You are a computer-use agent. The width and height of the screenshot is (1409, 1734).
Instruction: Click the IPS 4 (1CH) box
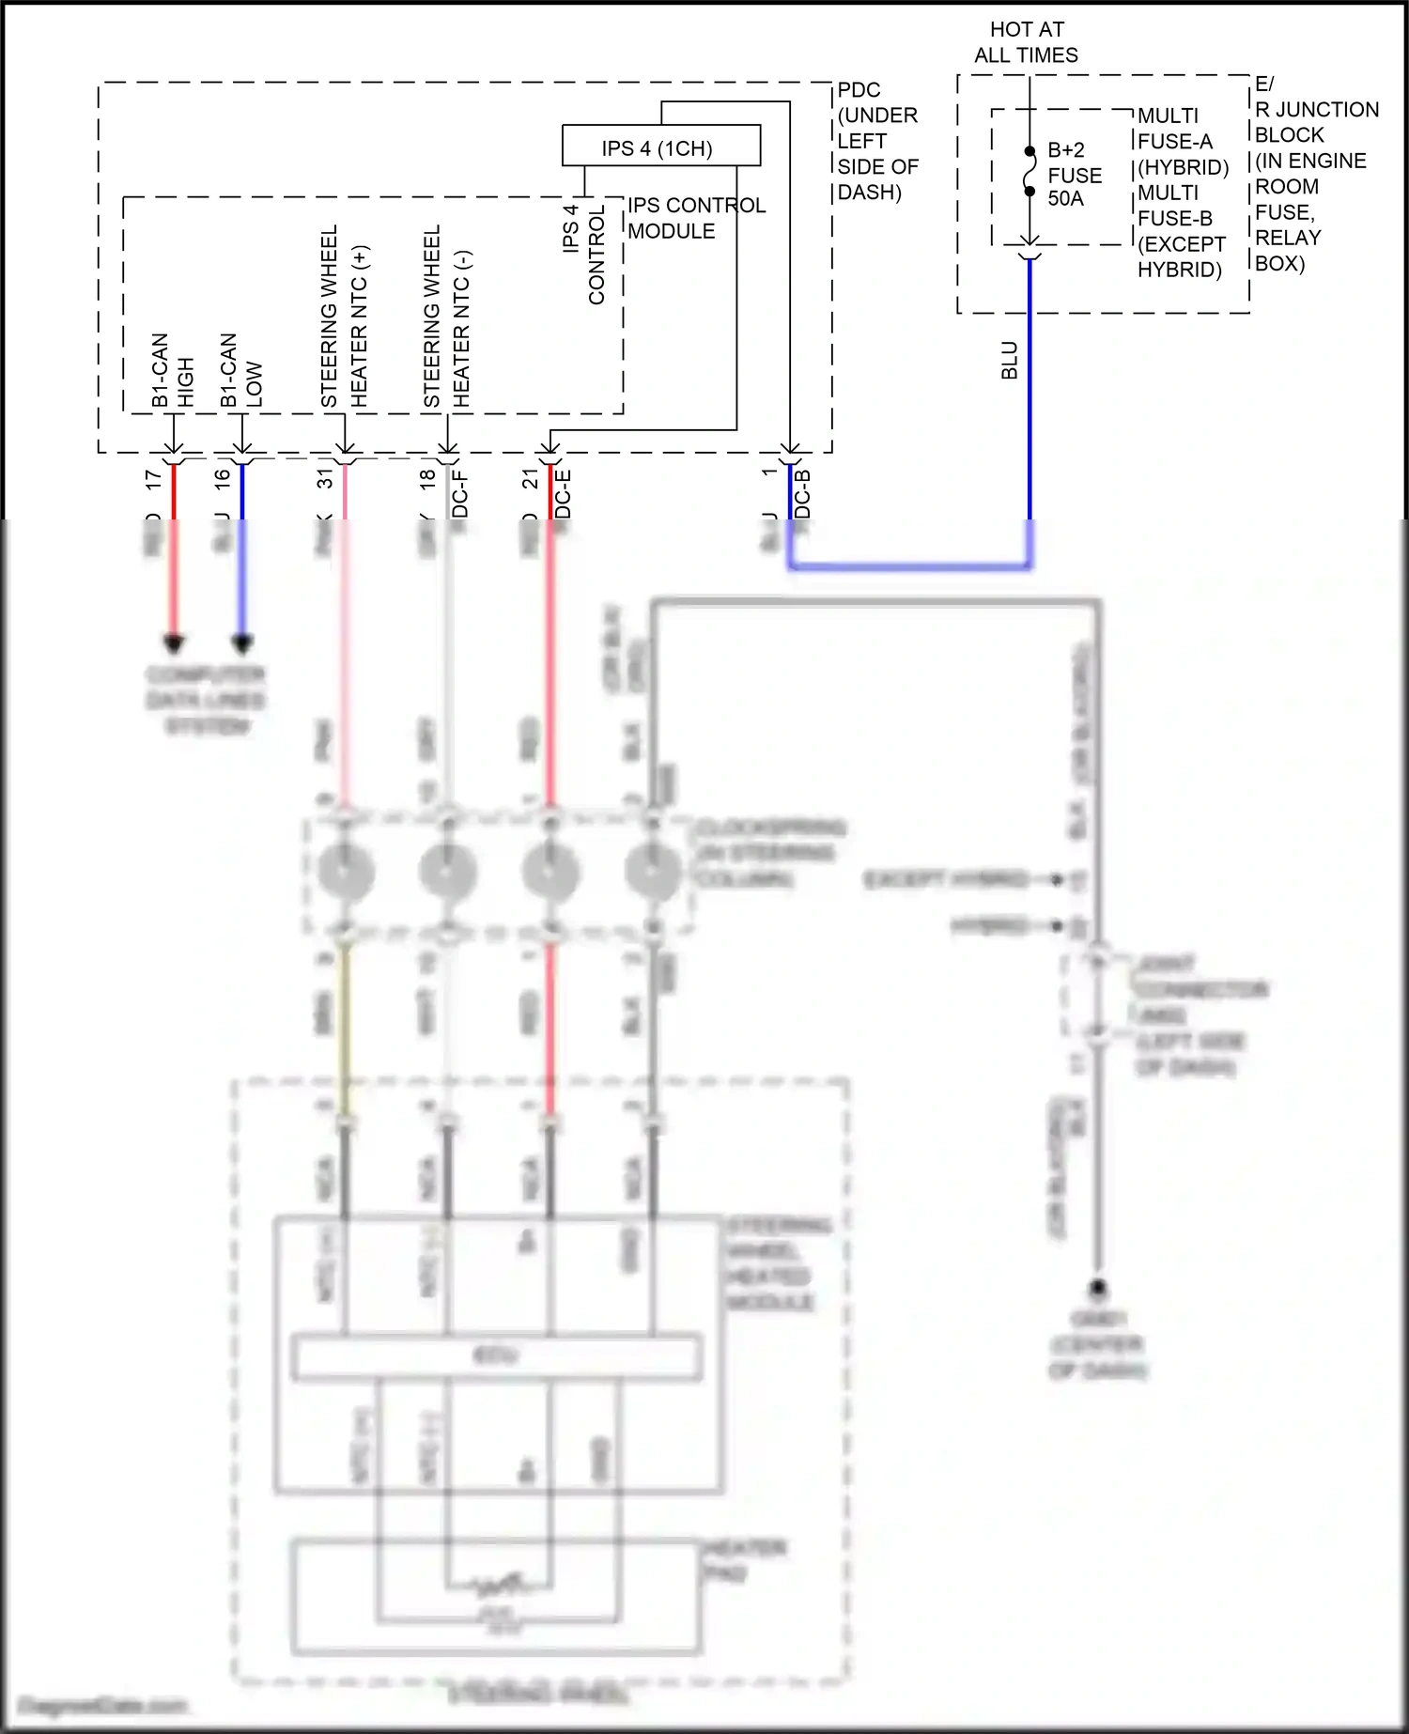click(660, 147)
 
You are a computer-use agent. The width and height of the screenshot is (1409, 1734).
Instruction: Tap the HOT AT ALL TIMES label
click(1026, 42)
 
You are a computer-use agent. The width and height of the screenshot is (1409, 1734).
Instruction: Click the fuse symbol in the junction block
click(1030, 171)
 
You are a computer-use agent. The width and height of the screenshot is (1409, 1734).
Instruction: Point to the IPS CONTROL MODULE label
click(695, 218)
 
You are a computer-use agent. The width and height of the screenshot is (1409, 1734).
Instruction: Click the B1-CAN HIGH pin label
click(172, 371)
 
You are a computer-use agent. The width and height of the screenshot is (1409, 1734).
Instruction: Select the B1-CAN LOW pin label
click(240, 371)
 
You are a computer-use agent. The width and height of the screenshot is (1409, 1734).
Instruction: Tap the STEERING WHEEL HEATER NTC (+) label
click(344, 317)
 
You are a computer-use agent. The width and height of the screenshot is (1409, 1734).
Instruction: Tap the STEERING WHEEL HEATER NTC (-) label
click(446, 317)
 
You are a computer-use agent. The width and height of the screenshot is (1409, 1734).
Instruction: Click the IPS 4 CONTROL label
click(583, 254)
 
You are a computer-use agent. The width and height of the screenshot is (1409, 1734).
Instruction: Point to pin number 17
click(154, 478)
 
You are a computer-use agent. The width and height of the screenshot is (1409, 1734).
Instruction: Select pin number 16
click(223, 476)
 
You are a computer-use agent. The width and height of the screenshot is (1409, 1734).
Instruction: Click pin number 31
click(325, 478)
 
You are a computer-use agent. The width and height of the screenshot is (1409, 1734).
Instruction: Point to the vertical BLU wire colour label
click(1010, 361)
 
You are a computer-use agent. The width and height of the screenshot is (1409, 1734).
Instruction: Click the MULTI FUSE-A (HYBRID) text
click(1183, 141)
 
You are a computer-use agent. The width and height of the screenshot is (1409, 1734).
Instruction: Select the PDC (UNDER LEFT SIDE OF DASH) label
click(875, 141)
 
